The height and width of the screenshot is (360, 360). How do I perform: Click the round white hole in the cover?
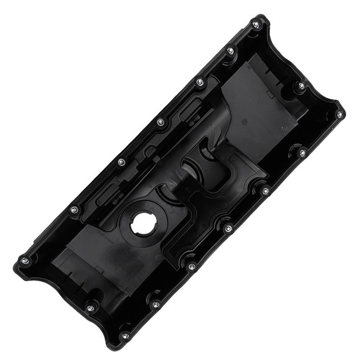coord(145,224)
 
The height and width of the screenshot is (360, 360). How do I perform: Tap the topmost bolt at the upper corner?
coord(256,25)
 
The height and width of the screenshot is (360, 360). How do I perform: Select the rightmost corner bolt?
coord(339,114)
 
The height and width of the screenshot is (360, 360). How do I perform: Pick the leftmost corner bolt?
coord(24,260)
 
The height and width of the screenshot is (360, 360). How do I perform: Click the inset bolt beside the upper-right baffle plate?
coord(301,86)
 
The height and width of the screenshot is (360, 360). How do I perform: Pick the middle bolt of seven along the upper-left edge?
coord(160,122)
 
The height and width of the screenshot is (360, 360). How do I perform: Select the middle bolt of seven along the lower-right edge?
coord(228,228)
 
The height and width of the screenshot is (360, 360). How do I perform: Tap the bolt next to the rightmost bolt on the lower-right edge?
coord(302,153)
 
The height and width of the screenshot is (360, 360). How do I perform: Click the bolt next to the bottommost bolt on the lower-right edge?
coord(155,304)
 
